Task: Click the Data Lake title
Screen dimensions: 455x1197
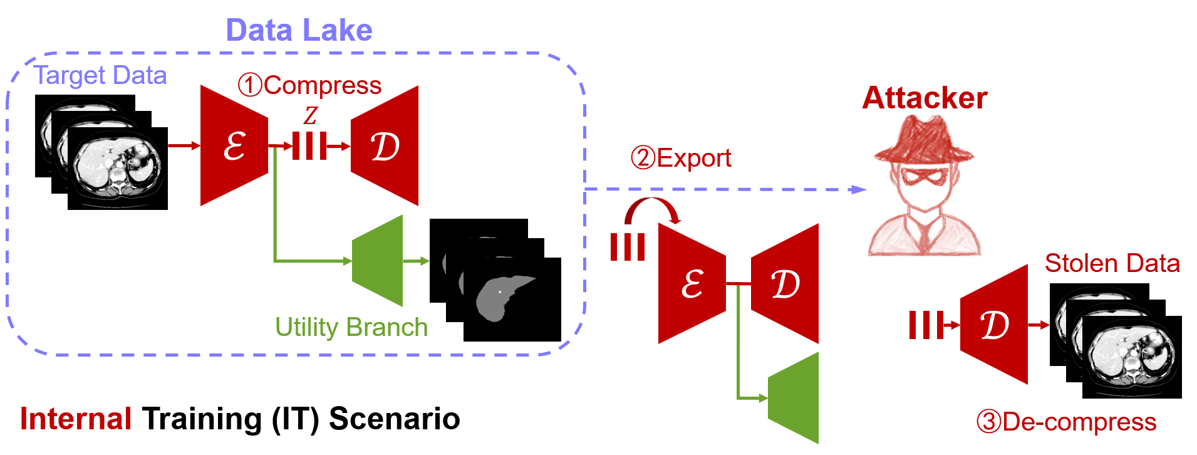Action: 299,30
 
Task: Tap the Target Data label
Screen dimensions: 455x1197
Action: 100,76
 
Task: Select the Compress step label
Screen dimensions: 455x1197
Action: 310,85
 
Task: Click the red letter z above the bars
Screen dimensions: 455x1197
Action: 311,115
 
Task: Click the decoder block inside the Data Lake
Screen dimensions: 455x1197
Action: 385,146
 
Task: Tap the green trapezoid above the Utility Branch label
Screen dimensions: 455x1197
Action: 378,261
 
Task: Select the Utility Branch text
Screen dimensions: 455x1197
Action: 351,327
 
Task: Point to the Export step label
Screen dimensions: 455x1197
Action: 681,158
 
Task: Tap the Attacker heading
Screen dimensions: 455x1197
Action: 925,98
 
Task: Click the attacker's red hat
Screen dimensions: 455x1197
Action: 925,141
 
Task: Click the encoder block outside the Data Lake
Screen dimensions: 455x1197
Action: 692,284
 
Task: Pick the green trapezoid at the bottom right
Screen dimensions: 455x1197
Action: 794,398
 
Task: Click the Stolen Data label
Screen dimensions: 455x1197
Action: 1112,263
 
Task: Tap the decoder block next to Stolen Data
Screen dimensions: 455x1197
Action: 995,325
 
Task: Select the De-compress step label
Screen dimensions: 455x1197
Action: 1066,422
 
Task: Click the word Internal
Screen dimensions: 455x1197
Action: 75,419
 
